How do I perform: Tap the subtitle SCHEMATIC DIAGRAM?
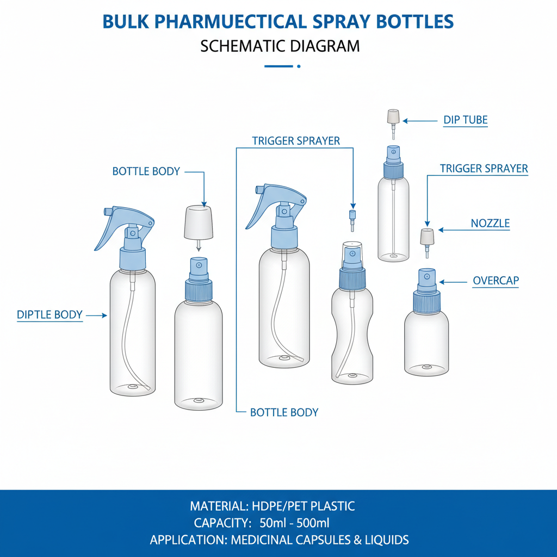click(x=280, y=46)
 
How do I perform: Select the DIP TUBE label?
click(x=466, y=120)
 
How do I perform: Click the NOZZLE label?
click(x=490, y=224)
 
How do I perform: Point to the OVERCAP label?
click(x=496, y=281)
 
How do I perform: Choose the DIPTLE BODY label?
click(x=49, y=315)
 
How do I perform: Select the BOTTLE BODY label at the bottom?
click(x=284, y=412)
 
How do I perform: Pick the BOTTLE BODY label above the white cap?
click(x=146, y=171)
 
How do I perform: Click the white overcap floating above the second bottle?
click(x=198, y=222)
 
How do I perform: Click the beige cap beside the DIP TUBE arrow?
click(x=393, y=117)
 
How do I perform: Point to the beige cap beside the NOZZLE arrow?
click(x=428, y=237)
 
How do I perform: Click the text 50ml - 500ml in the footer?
click(x=294, y=523)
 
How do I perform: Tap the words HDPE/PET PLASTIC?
click(x=303, y=506)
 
